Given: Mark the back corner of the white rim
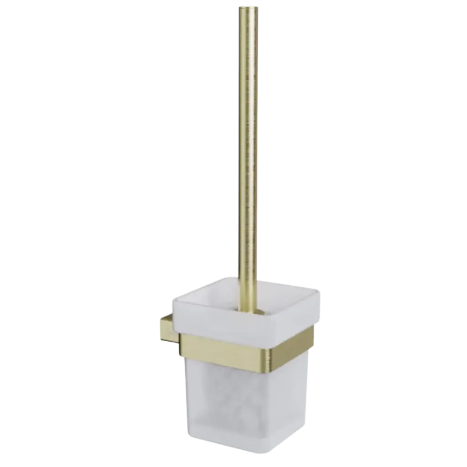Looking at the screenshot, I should point(228,275).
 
